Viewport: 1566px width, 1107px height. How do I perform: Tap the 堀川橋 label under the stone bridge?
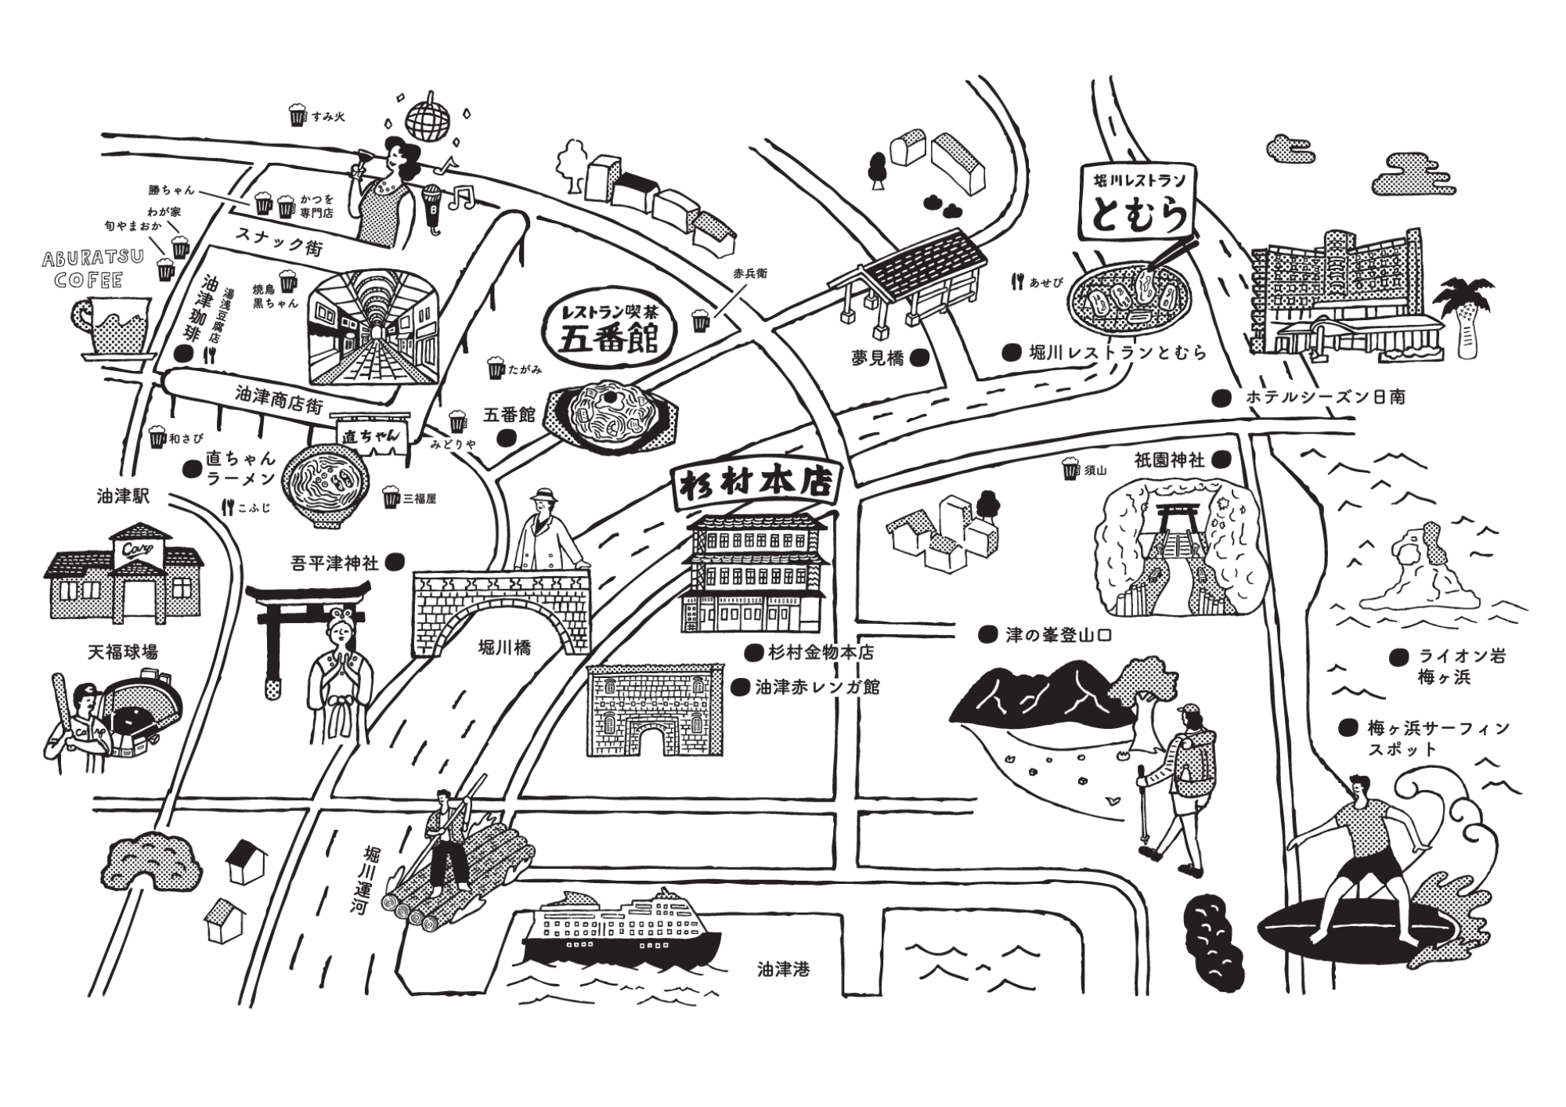pyautogui.click(x=504, y=647)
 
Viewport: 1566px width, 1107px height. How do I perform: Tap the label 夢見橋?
pyautogui.click(x=878, y=359)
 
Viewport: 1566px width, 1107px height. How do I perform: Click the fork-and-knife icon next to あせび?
pyautogui.click(x=1017, y=282)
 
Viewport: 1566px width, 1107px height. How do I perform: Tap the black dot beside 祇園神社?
pyautogui.click(x=1220, y=460)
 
